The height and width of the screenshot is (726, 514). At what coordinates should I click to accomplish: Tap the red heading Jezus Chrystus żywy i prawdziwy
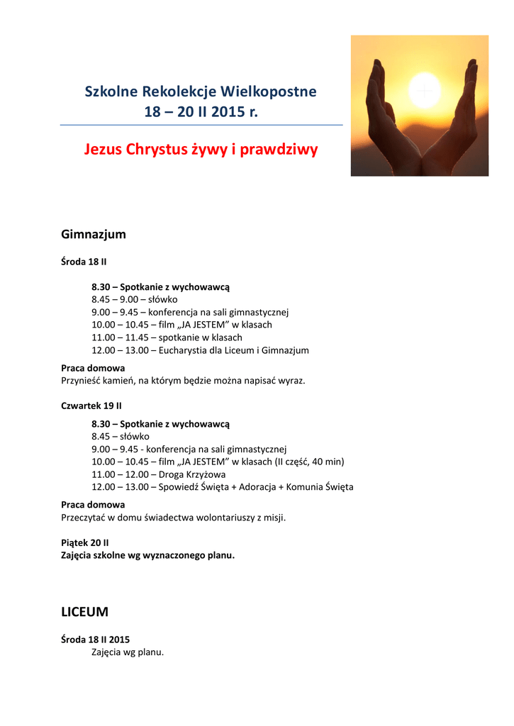pos(201,150)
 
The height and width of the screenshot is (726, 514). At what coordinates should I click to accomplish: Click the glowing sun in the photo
pos(425,91)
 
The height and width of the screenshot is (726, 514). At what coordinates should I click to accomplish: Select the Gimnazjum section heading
pos(94,234)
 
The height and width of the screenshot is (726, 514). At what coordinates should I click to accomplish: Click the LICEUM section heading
pos(85,611)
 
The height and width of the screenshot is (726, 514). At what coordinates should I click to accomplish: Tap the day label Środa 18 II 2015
pos(96,639)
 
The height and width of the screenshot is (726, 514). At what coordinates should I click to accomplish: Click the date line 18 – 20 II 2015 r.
pos(201,111)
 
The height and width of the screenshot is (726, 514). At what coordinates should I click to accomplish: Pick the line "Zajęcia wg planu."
pos(128,652)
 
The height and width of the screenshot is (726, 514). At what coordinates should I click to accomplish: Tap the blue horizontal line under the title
pos(201,125)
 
